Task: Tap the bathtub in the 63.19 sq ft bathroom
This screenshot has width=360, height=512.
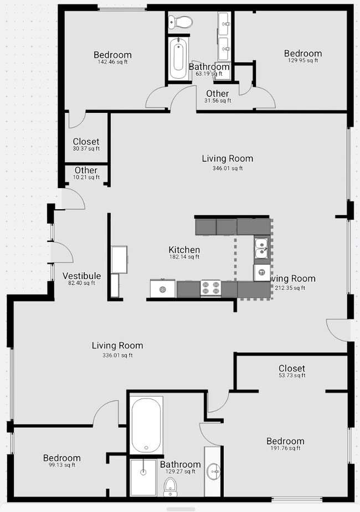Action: click(179, 58)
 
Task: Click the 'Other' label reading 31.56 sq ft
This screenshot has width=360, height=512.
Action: click(217, 96)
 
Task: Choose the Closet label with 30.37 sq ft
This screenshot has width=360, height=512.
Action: click(86, 144)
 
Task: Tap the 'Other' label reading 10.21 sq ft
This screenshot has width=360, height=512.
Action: click(86, 173)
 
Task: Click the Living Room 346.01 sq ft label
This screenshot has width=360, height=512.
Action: click(227, 162)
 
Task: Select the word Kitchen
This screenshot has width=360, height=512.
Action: click(184, 250)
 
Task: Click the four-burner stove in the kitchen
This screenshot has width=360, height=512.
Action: click(210, 288)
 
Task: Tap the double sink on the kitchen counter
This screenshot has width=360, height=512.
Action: click(262, 249)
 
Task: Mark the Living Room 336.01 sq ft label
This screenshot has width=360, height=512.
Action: click(117, 349)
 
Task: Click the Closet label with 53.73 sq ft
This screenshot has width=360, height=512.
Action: click(291, 371)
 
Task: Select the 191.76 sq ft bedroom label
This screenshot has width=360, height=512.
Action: click(285, 444)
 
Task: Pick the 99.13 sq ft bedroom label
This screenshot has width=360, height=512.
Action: click(61, 461)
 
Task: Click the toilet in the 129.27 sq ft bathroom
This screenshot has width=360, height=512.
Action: click(171, 487)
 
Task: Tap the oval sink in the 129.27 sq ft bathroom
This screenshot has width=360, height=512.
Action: click(213, 472)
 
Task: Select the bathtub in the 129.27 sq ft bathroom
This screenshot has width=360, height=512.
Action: click(146, 425)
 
